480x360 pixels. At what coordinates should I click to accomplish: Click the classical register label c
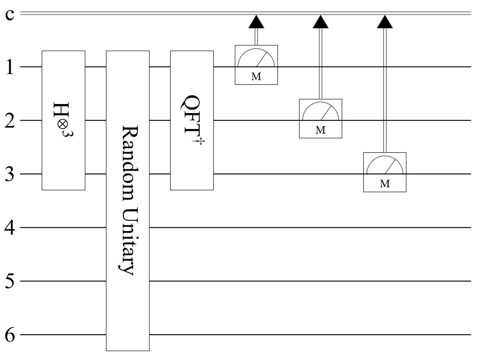[x=9, y=14]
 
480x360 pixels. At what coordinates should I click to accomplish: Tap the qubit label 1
[x=10, y=67]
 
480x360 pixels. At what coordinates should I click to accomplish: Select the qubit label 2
[x=10, y=120]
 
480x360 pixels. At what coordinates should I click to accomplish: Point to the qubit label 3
[x=10, y=174]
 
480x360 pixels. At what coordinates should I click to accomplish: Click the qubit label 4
[x=10, y=227]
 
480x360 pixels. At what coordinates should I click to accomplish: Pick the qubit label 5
[x=10, y=281]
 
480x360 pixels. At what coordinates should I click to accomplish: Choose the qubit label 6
[x=10, y=335]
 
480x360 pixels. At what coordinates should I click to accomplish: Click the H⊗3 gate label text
[x=63, y=120]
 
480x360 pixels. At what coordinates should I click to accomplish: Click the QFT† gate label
[x=192, y=120]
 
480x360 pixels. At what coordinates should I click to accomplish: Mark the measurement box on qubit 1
[x=256, y=65]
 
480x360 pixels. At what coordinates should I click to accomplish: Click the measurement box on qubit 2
[x=321, y=119]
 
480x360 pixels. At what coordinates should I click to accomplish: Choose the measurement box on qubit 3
[x=385, y=172]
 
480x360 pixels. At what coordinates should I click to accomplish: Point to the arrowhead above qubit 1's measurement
[x=256, y=21]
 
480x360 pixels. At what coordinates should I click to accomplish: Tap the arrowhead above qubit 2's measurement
[x=321, y=21]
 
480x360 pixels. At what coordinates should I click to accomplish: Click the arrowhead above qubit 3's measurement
[x=385, y=21]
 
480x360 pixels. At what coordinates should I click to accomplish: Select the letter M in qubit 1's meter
[x=256, y=77]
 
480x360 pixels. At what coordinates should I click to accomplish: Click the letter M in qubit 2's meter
[x=321, y=131]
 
